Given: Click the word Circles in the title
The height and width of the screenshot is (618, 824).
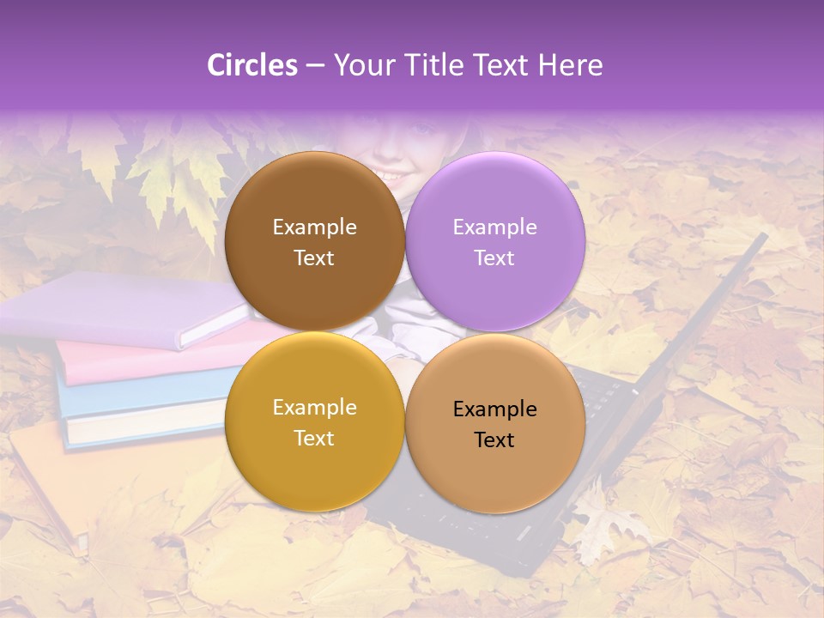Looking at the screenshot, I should coord(251,65).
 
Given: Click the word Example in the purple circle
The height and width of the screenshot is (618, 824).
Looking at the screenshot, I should coord(494,227).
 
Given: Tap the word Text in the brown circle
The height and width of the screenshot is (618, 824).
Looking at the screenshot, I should coord(314,258).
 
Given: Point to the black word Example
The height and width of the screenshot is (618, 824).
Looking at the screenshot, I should coord(494,409).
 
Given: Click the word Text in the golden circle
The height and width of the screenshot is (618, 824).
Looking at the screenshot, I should coord(314,439).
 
